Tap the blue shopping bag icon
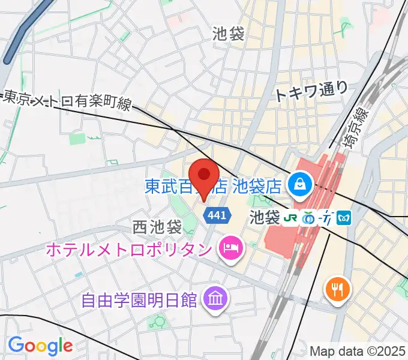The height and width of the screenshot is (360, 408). click(x=298, y=184)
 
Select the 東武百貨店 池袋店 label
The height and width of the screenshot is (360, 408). click(x=213, y=186)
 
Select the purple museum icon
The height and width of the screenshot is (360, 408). click(x=213, y=296)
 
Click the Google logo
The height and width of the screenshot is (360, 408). click(x=40, y=346)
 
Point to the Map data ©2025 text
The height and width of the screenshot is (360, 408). click(x=358, y=350)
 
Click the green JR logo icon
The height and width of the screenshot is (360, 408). click(x=292, y=217)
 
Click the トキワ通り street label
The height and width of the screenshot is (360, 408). click(x=311, y=91)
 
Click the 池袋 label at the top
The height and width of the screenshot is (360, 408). click(x=228, y=34)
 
